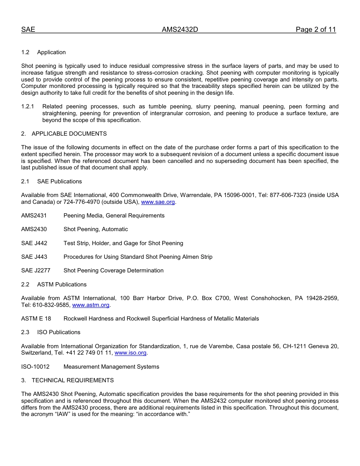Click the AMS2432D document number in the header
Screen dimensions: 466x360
(x=180, y=30)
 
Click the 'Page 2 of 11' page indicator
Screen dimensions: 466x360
(x=316, y=30)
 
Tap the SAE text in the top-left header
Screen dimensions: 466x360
(x=28, y=30)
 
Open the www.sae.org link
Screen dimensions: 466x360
(x=158, y=202)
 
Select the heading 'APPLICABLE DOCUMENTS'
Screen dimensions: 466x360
(x=69, y=134)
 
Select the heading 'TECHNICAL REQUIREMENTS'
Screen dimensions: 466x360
(x=73, y=380)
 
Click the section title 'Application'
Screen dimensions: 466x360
(x=52, y=52)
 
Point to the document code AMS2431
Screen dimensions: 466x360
(x=34, y=216)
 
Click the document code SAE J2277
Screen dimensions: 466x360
(x=36, y=271)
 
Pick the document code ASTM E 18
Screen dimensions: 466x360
(x=36, y=319)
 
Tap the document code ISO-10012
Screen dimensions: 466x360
(x=35, y=367)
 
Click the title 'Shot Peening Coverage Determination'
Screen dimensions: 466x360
(x=114, y=271)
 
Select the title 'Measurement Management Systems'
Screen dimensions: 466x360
(x=111, y=367)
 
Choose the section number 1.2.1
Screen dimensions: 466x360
(x=28, y=107)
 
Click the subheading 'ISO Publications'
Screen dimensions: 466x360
(x=59, y=332)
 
